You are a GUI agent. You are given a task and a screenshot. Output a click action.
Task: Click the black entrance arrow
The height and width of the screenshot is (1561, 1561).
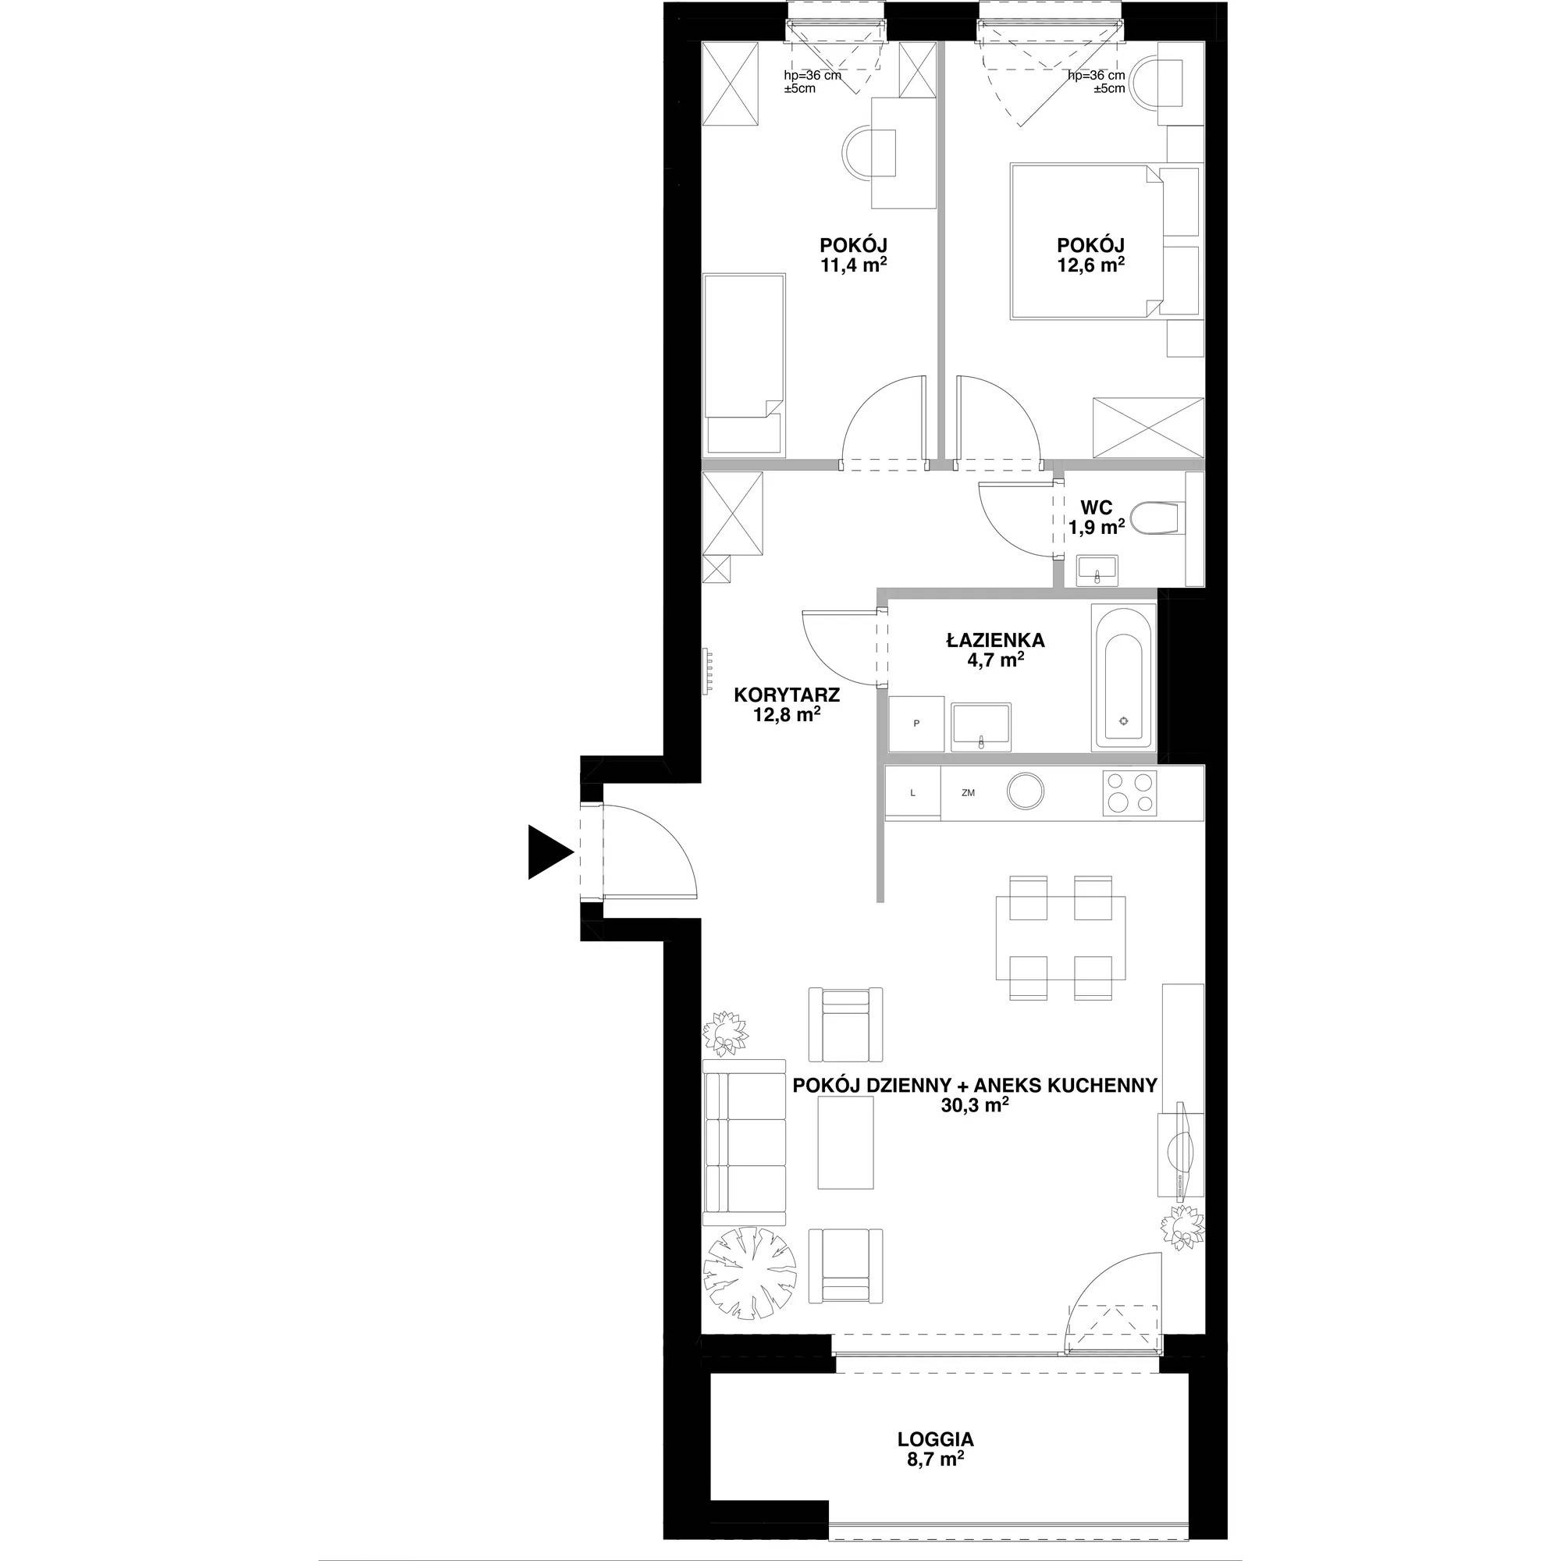(x=549, y=852)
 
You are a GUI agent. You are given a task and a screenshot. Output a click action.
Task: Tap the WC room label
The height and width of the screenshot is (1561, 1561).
(x=1097, y=508)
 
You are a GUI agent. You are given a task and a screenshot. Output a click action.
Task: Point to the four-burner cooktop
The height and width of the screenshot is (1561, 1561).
(x=1129, y=793)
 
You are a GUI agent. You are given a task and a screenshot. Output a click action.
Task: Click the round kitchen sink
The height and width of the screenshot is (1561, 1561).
(x=1026, y=791)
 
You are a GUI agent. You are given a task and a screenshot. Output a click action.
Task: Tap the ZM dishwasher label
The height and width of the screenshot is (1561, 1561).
(x=968, y=794)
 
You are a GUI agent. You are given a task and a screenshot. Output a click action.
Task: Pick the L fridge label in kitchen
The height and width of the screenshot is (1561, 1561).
(x=913, y=794)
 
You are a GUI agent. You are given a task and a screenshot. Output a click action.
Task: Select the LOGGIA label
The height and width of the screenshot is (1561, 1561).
(x=936, y=1439)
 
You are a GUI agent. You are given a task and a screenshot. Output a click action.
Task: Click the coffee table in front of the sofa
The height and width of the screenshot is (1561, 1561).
(x=847, y=1145)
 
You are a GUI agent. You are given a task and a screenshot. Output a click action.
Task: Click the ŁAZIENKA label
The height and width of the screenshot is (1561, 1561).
(x=995, y=641)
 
